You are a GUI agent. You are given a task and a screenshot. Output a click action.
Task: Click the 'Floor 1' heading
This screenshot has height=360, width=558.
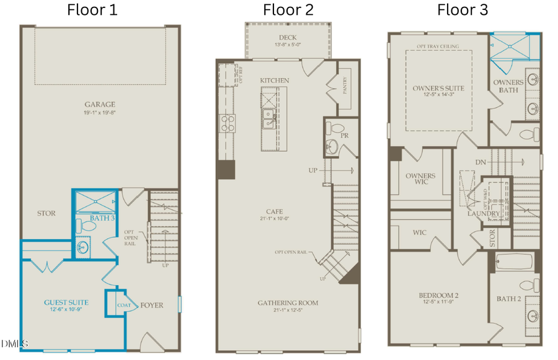[x=92, y=9]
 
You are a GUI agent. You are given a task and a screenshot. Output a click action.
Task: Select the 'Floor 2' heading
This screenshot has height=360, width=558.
[x=288, y=9]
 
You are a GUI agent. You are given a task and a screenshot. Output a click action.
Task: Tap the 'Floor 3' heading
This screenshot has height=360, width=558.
[x=463, y=9]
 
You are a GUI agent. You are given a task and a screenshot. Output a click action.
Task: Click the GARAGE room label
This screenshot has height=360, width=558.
[x=100, y=105]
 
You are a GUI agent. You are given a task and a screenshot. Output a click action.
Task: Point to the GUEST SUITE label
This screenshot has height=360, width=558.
[x=66, y=302]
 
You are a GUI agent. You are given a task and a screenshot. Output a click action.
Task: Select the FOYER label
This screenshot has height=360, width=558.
[x=152, y=305]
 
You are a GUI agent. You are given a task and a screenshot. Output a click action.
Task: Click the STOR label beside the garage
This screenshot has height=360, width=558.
[x=46, y=213]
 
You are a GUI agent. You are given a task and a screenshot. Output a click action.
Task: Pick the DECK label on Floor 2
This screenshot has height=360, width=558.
[x=287, y=37]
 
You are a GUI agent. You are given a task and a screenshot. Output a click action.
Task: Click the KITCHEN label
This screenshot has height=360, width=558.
[x=274, y=81]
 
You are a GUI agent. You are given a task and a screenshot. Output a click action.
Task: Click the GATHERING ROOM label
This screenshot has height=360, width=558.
[x=288, y=302]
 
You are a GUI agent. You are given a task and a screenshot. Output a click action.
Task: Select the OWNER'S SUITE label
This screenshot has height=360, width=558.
[x=438, y=88]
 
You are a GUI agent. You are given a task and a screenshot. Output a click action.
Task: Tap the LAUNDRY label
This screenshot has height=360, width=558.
[x=484, y=214]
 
